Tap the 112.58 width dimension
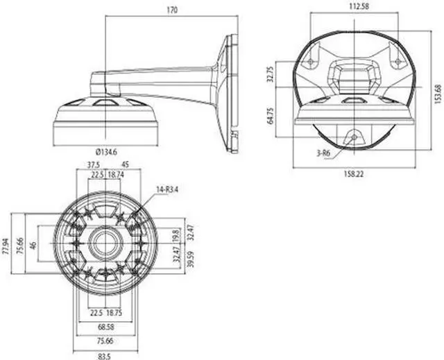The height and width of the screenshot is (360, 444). (357, 8)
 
